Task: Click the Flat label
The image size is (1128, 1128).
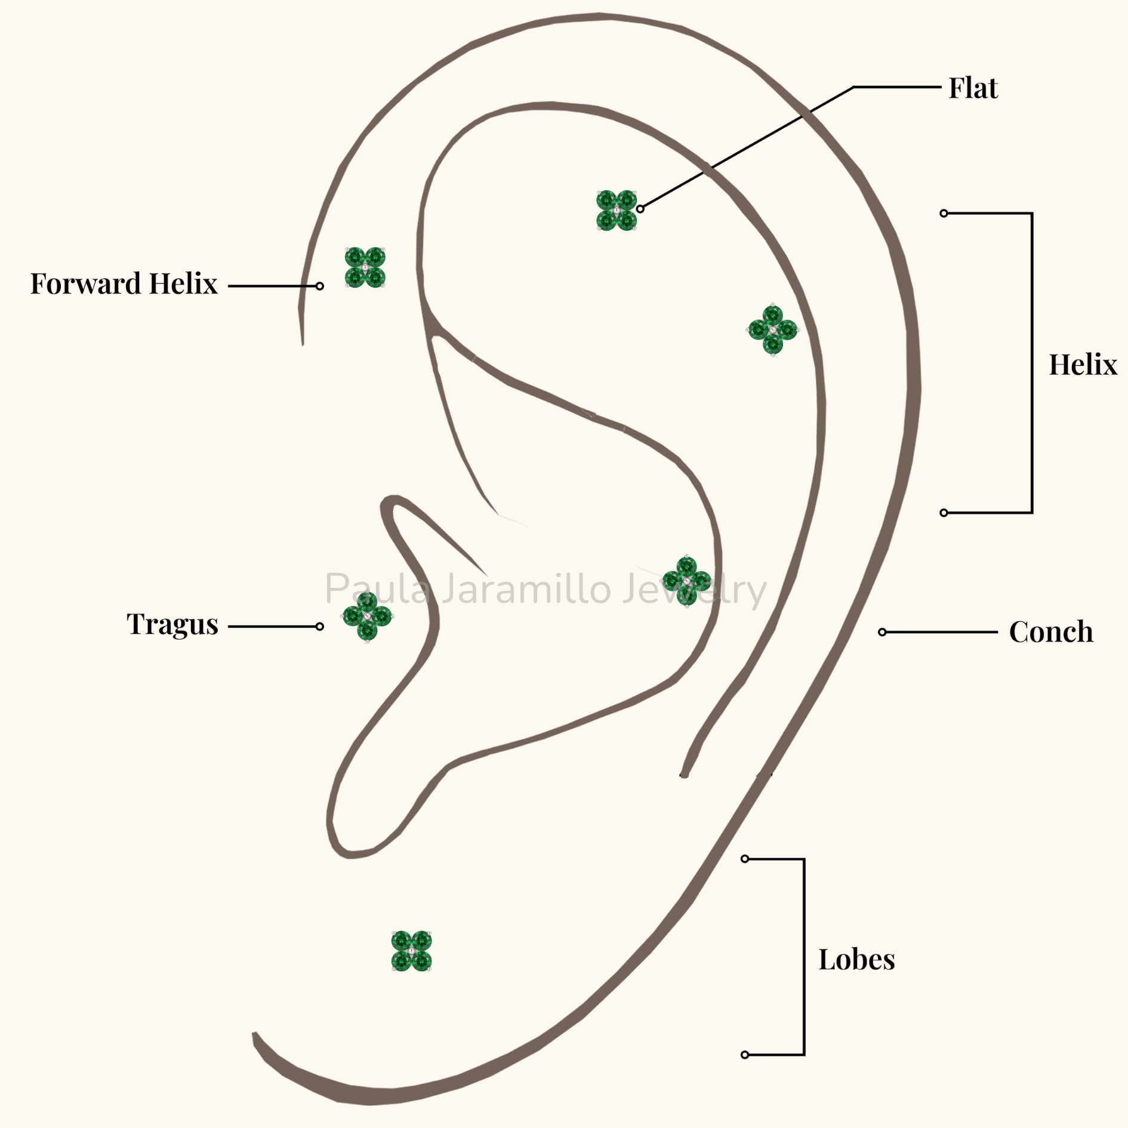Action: (x=973, y=88)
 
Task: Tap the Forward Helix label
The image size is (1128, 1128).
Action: (x=124, y=283)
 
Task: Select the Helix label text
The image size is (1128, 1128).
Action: (x=1083, y=365)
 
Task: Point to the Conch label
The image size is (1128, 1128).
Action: (x=1051, y=631)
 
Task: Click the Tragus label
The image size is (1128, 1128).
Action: (x=172, y=625)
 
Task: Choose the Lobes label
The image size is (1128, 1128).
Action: (x=856, y=959)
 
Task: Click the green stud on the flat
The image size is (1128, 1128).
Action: (x=617, y=210)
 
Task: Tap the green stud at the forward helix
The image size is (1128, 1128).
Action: (x=365, y=267)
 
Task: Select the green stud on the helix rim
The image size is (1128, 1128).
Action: (x=773, y=329)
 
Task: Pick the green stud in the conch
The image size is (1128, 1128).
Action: (x=687, y=581)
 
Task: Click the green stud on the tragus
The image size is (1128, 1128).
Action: (x=367, y=616)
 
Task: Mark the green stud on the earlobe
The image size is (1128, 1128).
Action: (x=411, y=951)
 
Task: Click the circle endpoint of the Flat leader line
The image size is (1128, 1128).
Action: (x=640, y=209)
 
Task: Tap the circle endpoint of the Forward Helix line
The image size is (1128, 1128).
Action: (x=320, y=286)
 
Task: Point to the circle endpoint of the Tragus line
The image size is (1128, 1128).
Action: (x=320, y=626)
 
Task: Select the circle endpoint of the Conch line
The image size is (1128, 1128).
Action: (x=882, y=632)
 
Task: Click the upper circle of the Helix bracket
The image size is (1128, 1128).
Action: (x=944, y=213)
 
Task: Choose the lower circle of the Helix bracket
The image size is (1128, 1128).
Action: (x=944, y=513)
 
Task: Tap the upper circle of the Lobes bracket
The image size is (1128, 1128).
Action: (x=745, y=859)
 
